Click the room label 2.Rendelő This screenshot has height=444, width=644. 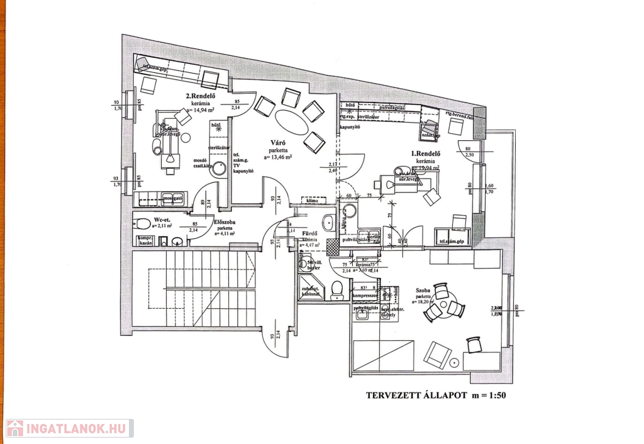[201, 97]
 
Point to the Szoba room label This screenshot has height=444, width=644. [422, 292]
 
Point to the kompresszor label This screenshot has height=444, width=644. [365, 294]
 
